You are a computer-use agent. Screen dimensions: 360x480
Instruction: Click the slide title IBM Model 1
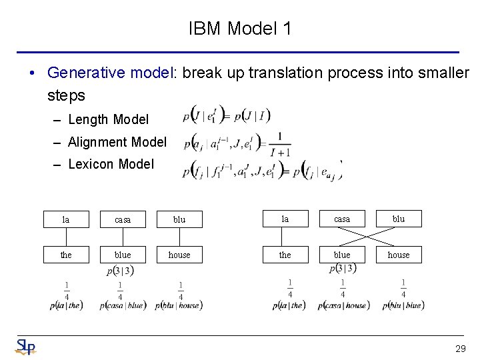click(240, 29)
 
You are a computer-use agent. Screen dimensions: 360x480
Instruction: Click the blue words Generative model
click(110, 72)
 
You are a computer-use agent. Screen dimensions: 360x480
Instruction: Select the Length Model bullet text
click(108, 119)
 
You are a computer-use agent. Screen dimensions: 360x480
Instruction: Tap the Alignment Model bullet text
click(117, 142)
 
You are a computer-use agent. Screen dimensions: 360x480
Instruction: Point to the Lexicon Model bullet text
click(111, 164)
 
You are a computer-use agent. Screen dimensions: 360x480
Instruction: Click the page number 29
click(460, 349)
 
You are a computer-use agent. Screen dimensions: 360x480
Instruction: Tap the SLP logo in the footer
click(25, 347)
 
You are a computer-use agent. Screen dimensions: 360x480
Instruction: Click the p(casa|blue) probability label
click(123, 305)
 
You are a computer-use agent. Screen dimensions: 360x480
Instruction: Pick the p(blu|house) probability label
click(179, 305)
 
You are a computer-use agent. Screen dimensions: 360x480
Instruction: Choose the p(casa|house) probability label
click(343, 305)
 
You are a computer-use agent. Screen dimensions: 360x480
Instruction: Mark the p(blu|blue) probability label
click(403, 305)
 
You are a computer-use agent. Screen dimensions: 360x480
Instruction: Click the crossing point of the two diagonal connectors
click(371, 237)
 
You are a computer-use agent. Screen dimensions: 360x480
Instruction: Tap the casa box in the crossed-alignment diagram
click(342, 219)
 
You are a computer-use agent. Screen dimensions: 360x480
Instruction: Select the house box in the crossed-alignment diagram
click(399, 255)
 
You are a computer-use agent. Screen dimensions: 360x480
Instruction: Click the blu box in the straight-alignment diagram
click(179, 219)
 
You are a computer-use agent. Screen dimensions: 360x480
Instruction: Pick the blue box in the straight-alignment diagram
click(123, 255)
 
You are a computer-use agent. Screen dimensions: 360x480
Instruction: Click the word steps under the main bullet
click(66, 95)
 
